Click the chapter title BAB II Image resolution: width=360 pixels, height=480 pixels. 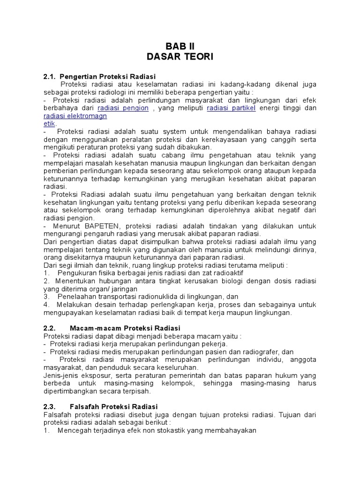[x=180, y=45]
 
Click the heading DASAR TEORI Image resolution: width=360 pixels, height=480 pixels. [x=180, y=57]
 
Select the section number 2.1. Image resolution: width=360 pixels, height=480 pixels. [x=50, y=76]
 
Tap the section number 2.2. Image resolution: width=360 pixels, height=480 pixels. [x=50, y=328]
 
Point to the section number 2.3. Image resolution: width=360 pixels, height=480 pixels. [x=50, y=406]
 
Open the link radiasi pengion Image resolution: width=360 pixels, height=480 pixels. [x=123, y=108]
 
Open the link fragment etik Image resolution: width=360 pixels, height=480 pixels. [x=49, y=124]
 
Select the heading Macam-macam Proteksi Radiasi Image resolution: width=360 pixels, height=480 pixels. [x=125, y=328]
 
